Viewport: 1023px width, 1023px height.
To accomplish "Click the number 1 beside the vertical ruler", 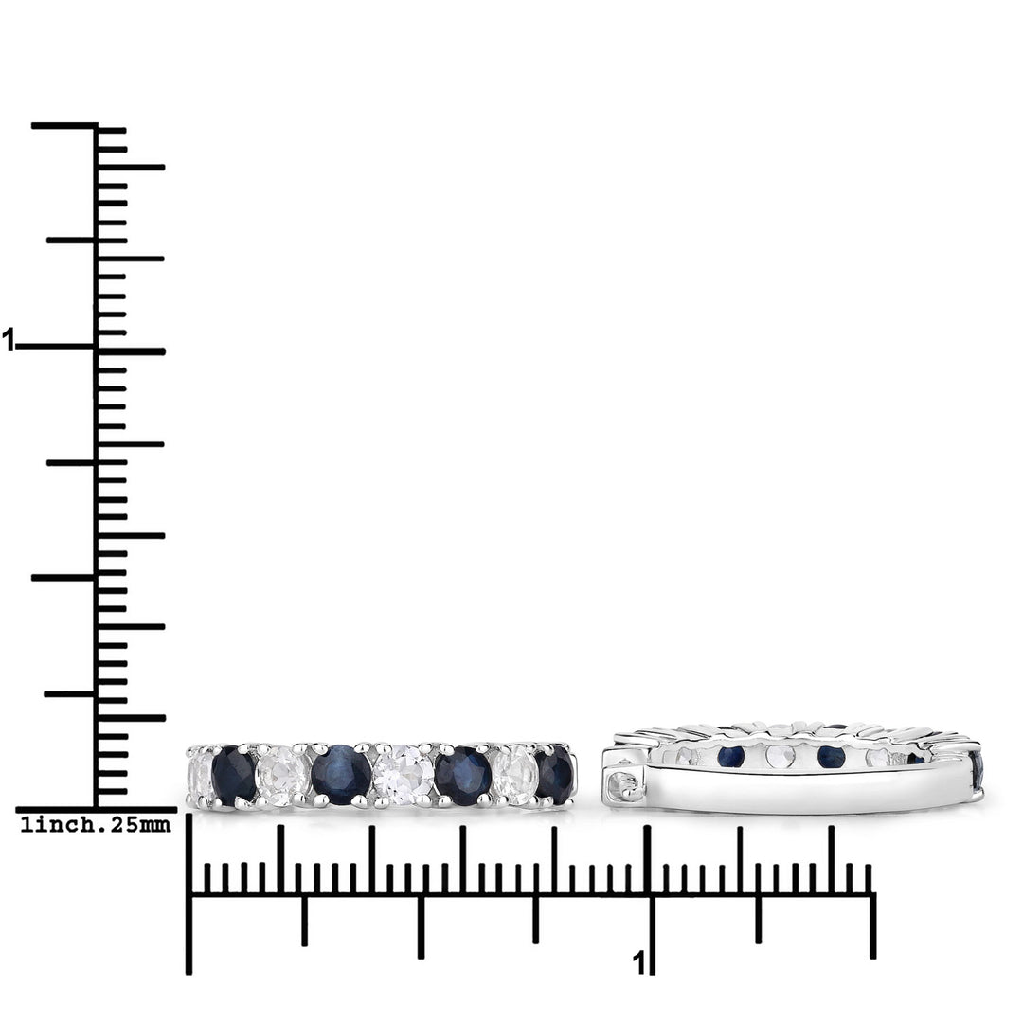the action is pos(8,340).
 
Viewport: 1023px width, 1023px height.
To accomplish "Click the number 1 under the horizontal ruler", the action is pos(638,963).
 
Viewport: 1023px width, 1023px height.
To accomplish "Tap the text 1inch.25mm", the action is pos(96,825).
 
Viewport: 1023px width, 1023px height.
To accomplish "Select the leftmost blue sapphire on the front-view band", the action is pos(234,775).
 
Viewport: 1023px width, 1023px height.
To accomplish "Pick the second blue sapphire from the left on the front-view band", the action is pos(341,775).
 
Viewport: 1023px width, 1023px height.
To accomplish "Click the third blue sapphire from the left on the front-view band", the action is pos(462,776).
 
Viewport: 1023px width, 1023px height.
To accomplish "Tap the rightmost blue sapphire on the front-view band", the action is pos(555,775).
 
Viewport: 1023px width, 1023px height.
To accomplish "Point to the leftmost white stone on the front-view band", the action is pos(200,777).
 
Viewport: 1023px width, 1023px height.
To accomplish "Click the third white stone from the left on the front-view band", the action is pos(404,776).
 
